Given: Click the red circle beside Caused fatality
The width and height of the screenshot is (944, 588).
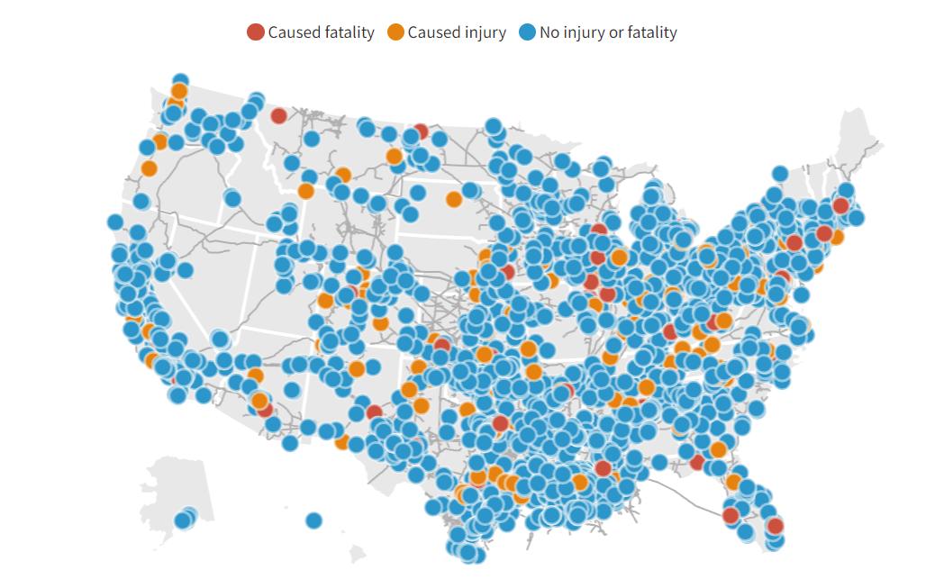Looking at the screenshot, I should coord(256,32).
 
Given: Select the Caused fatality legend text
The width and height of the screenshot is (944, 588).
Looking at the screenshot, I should coord(321,32).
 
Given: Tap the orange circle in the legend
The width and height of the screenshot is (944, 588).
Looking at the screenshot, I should coord(395,32).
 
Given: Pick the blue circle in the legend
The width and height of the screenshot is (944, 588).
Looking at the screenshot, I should coord(527,32).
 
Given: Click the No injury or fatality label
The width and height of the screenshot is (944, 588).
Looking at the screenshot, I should coord(608,32).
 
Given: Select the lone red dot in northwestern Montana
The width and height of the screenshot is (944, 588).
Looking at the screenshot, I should coord(279,115).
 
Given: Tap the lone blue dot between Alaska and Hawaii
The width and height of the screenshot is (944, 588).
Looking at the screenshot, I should coord(313,520).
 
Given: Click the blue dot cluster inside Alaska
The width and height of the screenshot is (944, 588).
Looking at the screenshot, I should coord(185,518).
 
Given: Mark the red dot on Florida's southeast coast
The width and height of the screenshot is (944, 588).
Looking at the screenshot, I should coord(775,526).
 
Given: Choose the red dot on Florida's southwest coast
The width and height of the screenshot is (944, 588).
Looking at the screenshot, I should coord(731,515).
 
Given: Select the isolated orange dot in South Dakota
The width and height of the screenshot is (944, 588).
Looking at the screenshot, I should coord(454,199).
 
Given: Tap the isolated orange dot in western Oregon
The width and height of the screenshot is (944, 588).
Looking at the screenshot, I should coord(149,167).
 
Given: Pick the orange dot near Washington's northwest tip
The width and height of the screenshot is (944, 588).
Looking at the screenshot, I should coord(178,91).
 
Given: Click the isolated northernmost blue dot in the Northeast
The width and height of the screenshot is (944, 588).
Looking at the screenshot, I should coord(780,174).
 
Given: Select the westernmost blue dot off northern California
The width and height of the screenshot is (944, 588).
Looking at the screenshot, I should coord(114,222).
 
